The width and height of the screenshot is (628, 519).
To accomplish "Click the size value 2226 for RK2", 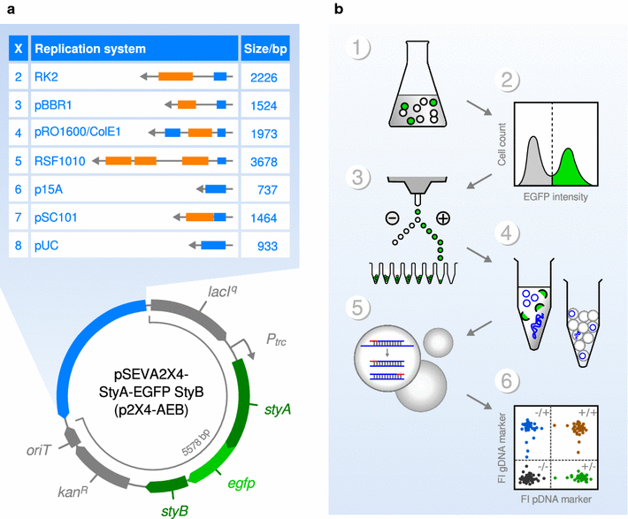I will coord(264,78).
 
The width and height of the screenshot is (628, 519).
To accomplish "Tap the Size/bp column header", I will coord(264,49).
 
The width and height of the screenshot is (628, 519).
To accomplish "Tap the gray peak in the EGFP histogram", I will coord(533,159).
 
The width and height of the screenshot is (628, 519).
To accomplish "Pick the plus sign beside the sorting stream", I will coord(442,217).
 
